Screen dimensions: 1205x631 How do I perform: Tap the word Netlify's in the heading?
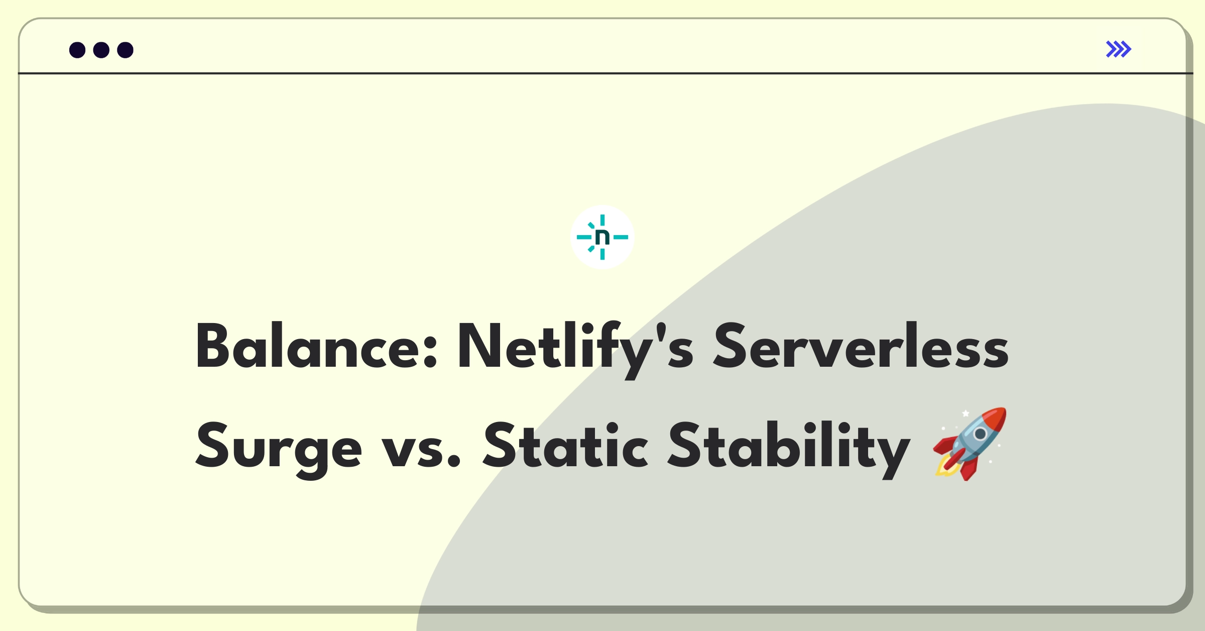click(575, 350)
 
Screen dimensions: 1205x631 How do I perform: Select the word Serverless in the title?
click(861, 347)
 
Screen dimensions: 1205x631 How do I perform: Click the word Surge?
click(279, 448)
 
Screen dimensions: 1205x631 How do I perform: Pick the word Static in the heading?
click(565, 445)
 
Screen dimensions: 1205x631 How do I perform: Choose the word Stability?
click(789, 448)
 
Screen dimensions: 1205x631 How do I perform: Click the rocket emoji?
click(970, 444)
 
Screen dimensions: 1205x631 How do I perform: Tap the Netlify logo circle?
click(602, 237)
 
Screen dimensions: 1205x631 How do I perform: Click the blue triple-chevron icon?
click(1119, 49)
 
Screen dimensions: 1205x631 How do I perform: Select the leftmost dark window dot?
click(77, 50)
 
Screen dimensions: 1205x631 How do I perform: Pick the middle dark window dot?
click(101, 50)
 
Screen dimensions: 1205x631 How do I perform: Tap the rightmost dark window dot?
click(126, 50)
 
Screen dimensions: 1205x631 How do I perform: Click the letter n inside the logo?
click(602, 237)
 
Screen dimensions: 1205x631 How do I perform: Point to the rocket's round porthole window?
click(980, 434)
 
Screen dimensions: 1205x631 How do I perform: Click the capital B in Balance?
click(212, 347)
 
